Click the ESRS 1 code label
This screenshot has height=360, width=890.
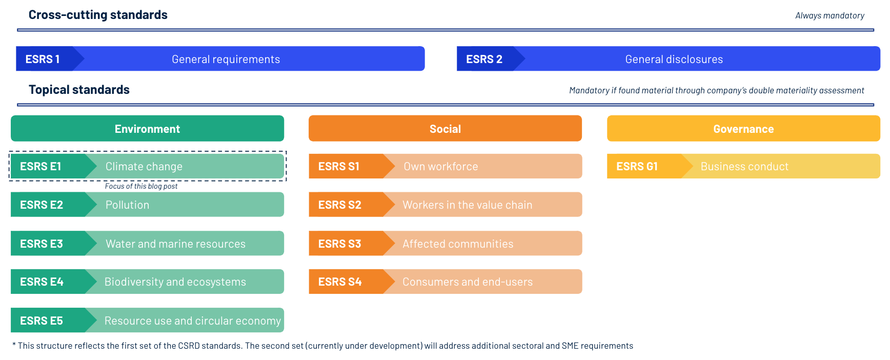pos(43,59)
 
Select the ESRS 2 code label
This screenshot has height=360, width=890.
pos(484,59)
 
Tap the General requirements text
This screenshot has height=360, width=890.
pos(226,59)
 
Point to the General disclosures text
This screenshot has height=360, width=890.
pos(674,59)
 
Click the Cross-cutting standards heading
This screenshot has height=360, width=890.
pos(98,15)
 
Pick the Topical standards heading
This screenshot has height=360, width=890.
pos(79,90)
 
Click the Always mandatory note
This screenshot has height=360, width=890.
pos(830,15)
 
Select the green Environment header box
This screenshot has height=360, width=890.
pos(147,129)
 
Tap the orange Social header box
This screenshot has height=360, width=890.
pos(445,129)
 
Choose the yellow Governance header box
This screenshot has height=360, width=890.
pos(743,129)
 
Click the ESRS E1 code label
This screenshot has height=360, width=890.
pos(41,166)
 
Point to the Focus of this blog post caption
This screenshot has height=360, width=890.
pos(141,186)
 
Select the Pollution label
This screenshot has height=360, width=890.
pos(127,205)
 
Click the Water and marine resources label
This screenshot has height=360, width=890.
pos(175,244)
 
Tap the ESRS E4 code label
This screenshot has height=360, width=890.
pos(42,282)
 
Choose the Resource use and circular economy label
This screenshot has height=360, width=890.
pos(192,321)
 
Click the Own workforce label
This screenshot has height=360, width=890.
pos(440,166)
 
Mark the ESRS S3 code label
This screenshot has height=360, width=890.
pos(339,244)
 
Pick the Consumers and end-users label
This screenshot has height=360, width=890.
pos(467,282)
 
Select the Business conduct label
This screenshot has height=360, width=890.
pos(744,166)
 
